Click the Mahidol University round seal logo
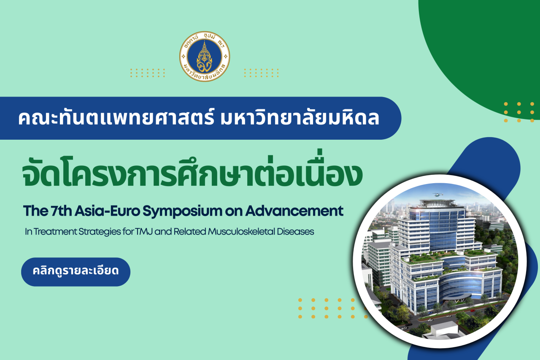[205, 57]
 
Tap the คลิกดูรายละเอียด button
[76, 272]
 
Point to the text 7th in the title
[61, 211]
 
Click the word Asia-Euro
[107, 211]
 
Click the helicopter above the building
[438, 194]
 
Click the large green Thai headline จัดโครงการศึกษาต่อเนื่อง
[192, 171]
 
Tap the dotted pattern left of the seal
[148, 73]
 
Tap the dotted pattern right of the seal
[261, 73]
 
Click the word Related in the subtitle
[189, 231]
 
